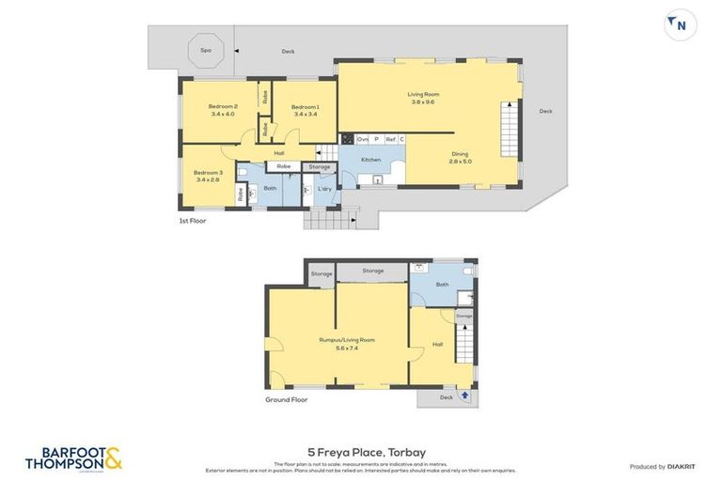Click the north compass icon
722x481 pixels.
click(x=680, y=24)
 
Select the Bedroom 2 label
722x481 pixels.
click(x=223, y=110)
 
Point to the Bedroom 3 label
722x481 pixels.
click(x=208, y=176)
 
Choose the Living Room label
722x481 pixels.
click(x=423, y=98)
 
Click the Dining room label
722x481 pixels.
click(x=460, y=158)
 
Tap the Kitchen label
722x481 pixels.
click(x=371, y=160)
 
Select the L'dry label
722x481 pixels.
click(x=324, y=188)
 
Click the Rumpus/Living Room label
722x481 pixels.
click(x=346, y=343)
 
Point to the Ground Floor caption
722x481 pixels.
click(x=286, y=399)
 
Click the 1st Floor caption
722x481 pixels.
click(x=192, y=221)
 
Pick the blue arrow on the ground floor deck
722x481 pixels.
click(x=464, y=396)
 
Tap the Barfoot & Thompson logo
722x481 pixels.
click(x=73, y=458)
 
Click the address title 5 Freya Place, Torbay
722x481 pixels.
click(x=361, y=451)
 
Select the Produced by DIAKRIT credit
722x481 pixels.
click(x=661, y=466)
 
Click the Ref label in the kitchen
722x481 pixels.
click(x=389, y=139)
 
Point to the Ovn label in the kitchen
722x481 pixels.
click(x=362, y=139)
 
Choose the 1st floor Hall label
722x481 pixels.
click(x=279, y=153)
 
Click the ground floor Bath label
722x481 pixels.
click(x=442, y=284)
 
